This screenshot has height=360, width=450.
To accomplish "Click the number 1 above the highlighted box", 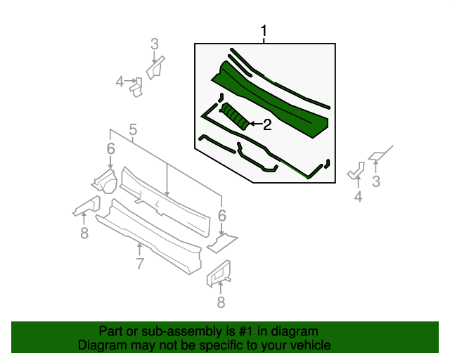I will coord(264,32).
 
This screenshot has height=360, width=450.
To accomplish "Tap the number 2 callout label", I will coord(266,125).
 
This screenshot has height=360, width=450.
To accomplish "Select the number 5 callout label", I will coord(132,129).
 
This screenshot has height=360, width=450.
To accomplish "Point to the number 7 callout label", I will coord(140,264).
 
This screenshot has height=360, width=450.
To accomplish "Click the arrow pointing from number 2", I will coord(255,125).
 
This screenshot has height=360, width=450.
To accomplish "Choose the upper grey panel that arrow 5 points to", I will coord(165,200).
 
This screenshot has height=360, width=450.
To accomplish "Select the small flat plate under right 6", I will coord(222,243).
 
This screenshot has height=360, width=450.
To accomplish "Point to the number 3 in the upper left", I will coord(155,45).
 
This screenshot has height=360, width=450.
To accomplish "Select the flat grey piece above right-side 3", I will coord(378,153).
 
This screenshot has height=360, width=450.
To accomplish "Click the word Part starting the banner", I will coord(111,331).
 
